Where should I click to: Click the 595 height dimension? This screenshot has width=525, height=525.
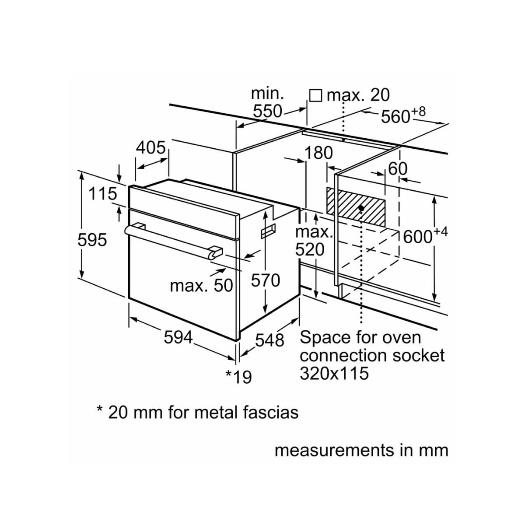[x=92, y=240]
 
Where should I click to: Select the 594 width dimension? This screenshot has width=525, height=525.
[x=178, y=337]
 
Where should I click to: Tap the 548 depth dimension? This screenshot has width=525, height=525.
[x=269, y=340]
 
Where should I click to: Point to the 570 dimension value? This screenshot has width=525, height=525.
[x=266, y=280]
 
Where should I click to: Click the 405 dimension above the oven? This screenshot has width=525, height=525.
[x=150, y=148]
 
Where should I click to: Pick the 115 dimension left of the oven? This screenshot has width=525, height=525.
[x=102, y=194]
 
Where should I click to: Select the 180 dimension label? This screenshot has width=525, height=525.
[x=318, y=153]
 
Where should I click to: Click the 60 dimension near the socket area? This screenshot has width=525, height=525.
[x=398, y=169]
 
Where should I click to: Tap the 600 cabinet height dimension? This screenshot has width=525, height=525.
[x=425, y=235]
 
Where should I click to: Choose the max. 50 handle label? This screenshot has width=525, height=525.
[x=201, y=286]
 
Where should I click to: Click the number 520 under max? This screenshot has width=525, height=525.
[x=310, y=249]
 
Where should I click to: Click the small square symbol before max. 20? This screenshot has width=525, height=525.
[x=315, y=96]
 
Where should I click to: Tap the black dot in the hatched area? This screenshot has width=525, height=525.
[x=361, y=208]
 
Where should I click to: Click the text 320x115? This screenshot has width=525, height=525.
[x=334, y=373]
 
